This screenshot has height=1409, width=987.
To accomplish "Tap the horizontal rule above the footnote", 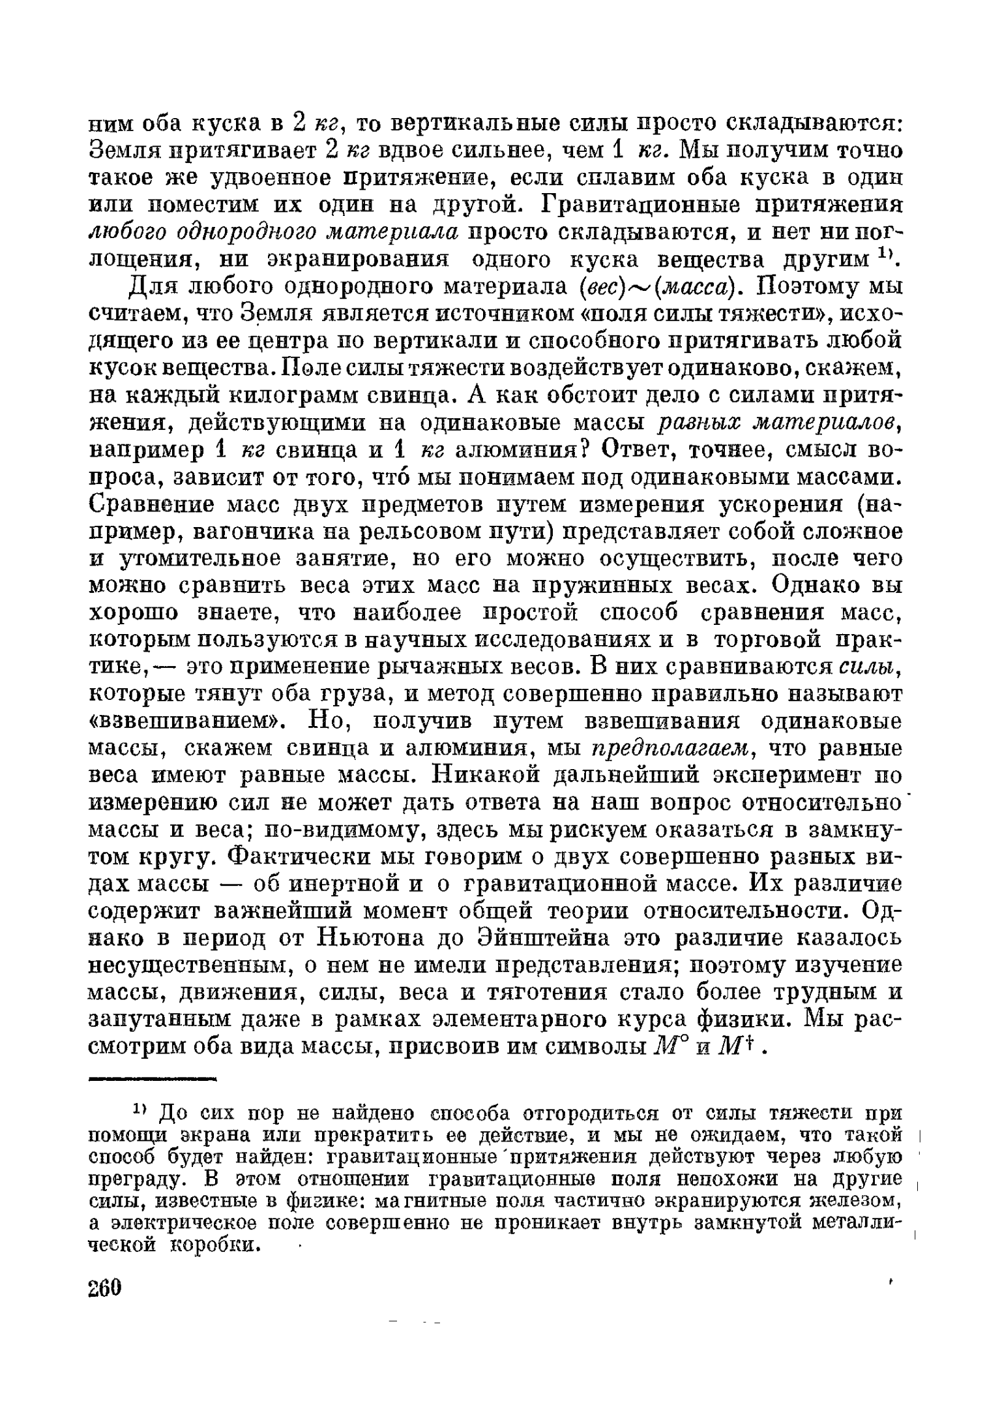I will coord(152,1080).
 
